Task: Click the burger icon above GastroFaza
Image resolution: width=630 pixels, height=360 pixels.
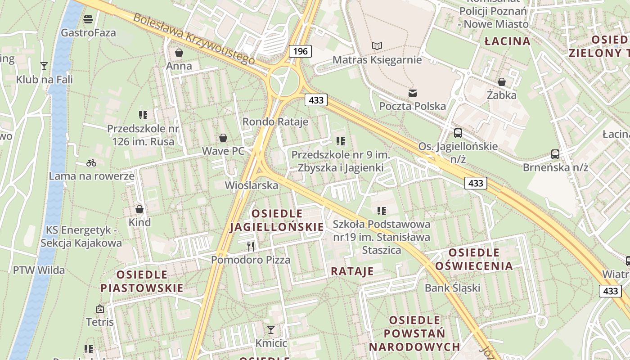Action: (x=88, y=19)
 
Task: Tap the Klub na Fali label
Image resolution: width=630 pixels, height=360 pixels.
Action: (x=44, y=80)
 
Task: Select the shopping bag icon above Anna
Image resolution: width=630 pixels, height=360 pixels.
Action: (x=179, y=53)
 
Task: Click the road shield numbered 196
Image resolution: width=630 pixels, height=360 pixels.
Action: (x=300, y=51)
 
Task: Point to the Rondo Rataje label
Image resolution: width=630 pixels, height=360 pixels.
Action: (x=275, y=121)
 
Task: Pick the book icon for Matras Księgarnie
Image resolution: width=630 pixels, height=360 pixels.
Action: (x=377, y=46)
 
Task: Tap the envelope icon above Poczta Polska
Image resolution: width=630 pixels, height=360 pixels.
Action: (x=412, y=93)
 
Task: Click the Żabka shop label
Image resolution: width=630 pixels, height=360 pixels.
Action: (x=502, y=95)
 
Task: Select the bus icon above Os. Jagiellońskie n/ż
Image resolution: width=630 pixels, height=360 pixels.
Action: (x=458, y=133)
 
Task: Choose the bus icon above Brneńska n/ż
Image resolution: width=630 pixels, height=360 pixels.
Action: (x=555, y=154)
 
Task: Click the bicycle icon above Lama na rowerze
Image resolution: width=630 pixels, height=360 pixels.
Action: (x=91, y=162)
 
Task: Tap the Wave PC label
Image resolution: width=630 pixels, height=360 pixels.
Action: (x=223, y=151)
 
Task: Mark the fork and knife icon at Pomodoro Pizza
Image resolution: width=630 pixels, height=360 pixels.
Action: (x=251, y=246)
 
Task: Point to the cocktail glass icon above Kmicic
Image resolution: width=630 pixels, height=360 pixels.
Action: (x=270, y=330)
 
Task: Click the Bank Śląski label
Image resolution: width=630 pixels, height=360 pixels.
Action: (x=453, y=288)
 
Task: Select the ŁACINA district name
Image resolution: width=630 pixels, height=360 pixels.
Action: (x=507, y=41)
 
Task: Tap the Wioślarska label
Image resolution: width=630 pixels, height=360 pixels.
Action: (x=252, y=185)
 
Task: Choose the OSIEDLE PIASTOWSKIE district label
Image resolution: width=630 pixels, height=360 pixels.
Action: (x=142, y=281)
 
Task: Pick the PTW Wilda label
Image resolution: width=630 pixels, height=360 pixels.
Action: (x=39, y=270)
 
